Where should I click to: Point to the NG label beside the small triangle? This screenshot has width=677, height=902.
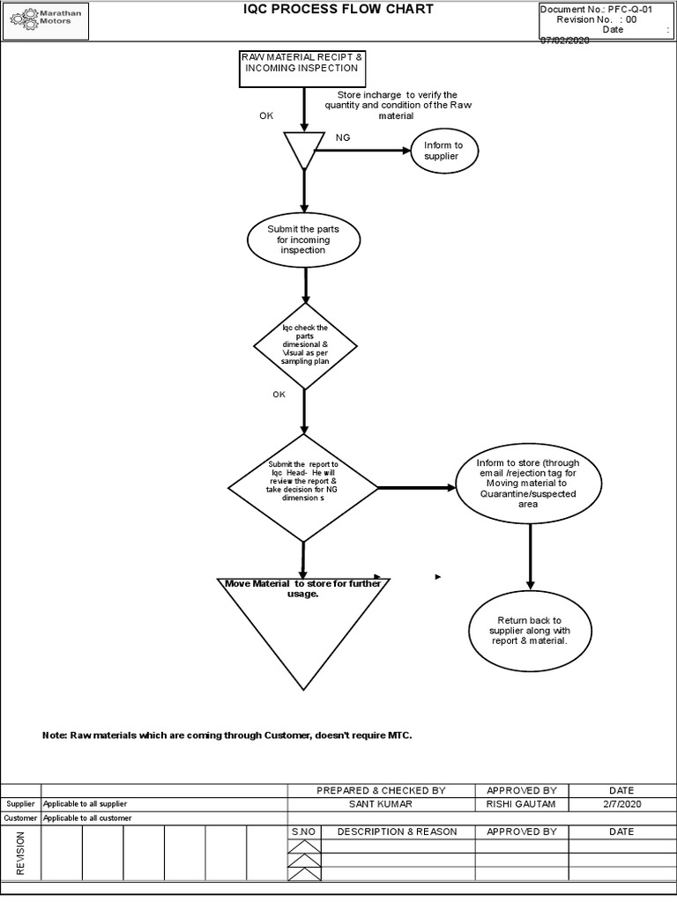(x=343, y=138)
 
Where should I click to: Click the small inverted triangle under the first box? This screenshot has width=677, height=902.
(x=300, y=148)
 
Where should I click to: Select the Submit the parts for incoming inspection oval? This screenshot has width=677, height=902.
(x=303, y=240)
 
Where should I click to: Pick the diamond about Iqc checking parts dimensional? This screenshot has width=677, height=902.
(x=304, y=345)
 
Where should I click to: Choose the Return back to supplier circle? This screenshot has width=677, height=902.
(x=529, y=631)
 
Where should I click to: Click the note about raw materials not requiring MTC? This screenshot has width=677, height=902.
(x=227, y=735)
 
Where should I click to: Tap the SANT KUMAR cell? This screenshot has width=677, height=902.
(x=381, y=804)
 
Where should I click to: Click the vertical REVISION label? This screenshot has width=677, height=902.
(x=20, y=852)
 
